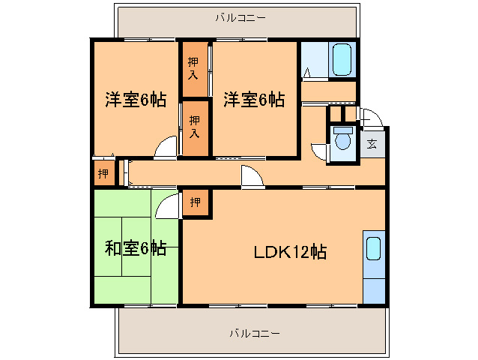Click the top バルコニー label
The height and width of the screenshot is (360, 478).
[x=240, y=16]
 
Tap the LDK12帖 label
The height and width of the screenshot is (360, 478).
[x=288, y=252]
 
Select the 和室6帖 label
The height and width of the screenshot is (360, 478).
[x=136, y=248]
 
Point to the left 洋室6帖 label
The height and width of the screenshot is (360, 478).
[x=135, y=99]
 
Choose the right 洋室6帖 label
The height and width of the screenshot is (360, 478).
[x=254, y=99]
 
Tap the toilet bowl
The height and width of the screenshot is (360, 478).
[x=344, y=141]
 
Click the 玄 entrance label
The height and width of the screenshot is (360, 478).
[x=372, y=144]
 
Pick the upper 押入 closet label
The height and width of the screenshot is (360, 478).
[x=194, y=68]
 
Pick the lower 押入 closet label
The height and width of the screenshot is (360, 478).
[x=194, y=126]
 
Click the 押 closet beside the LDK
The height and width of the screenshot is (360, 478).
[x=196, y=202]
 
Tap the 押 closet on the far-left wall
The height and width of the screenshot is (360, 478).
[x=103, y=173]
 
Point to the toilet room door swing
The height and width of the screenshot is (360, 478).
[x=320, y=151]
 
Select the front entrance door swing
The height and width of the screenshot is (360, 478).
[x=372, y=118]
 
